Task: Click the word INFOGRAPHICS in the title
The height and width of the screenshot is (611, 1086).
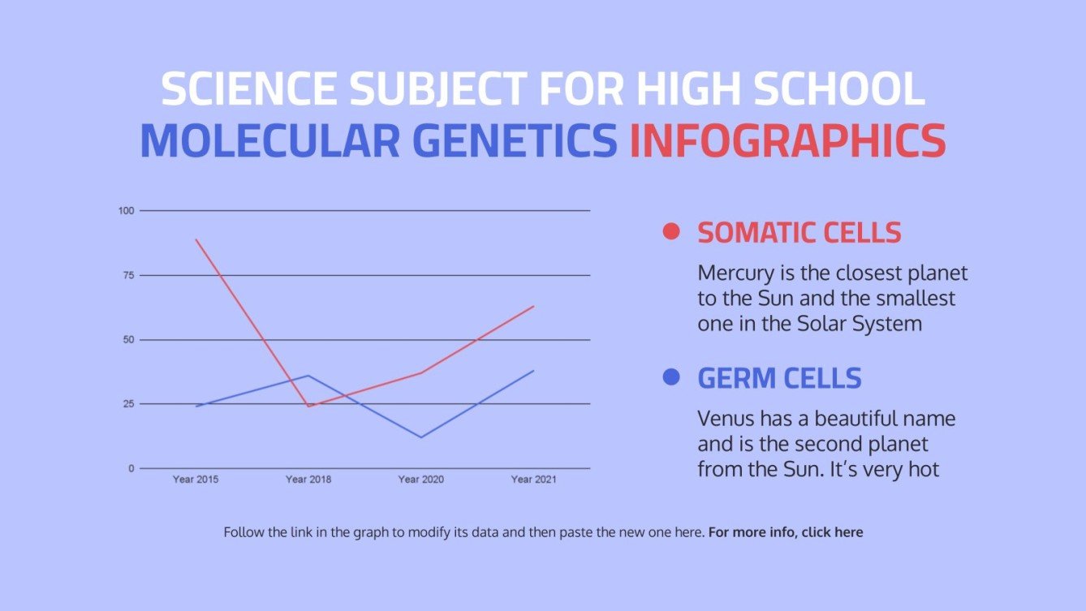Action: [x=787, y=140]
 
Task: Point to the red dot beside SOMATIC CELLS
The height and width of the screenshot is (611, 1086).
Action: [x=670, y=232]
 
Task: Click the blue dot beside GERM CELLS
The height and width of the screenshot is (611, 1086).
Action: [x=670, y=377]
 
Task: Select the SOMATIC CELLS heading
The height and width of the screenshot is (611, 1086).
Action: [x=799, y=233]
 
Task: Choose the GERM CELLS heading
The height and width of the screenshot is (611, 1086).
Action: [x=779, y=378]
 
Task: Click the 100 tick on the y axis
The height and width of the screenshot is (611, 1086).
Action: [x=126, y=211]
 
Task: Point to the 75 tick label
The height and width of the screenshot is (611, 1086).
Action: [x=127, y=275]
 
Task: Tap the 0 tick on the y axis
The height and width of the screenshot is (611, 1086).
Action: [x=131, y=468]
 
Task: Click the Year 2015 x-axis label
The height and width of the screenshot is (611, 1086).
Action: [x=196, y=480]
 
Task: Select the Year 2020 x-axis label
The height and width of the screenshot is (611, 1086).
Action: [x=420, y=480]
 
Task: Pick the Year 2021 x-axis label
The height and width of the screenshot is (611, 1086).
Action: [x=533, y=480]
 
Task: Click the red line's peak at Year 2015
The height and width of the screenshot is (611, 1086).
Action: [x=196, y=239]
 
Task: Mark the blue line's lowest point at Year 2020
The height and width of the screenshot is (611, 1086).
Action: [x=420, y=437]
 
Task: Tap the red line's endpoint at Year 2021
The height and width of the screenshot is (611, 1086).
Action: [x=533, y=306]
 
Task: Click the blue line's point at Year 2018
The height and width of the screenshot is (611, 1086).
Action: [x=308, y=376]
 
